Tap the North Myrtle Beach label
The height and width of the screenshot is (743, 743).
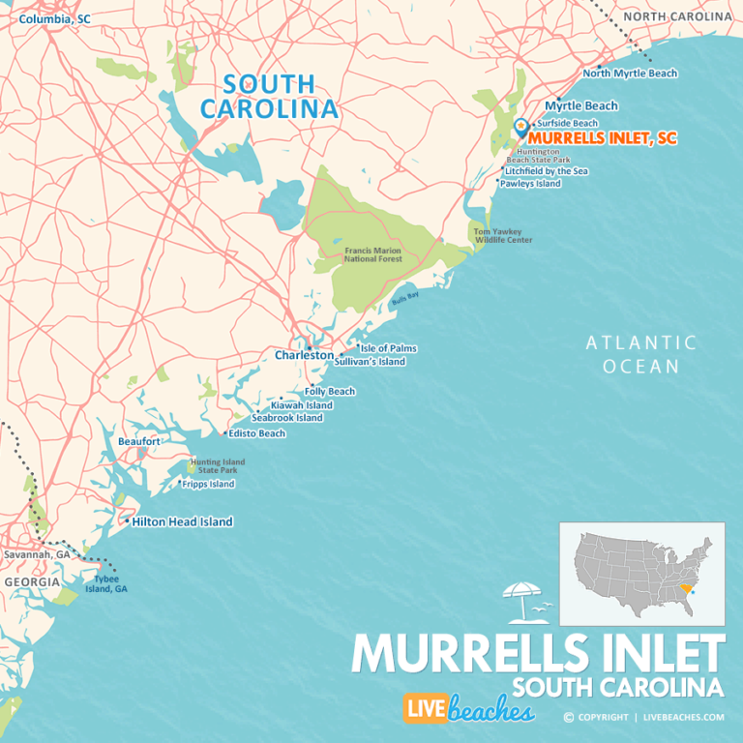pos(630,74)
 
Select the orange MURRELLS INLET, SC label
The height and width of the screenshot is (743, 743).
pos(603,138)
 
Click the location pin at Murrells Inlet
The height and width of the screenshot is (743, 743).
pos(521,128)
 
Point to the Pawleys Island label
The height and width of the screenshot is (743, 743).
pos(530,184)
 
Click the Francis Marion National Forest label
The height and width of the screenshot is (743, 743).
pos(372,254)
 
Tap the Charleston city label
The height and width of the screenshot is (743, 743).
pos(304,355)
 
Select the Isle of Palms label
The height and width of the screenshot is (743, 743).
pos(388,348)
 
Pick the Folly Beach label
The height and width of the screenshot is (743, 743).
pos(330,392)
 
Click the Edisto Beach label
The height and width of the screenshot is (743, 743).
pos(257,433)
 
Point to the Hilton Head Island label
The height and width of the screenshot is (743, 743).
pos(182,521)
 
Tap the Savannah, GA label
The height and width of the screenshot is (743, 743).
pos(37,555)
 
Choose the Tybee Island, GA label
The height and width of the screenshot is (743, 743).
pos(105,583)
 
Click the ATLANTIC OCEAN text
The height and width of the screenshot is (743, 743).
pos(640,354)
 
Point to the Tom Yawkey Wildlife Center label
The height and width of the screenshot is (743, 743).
pos(502,236)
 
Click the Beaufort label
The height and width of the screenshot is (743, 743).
pos(138,441)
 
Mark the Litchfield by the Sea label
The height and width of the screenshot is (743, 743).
pos(546,171)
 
